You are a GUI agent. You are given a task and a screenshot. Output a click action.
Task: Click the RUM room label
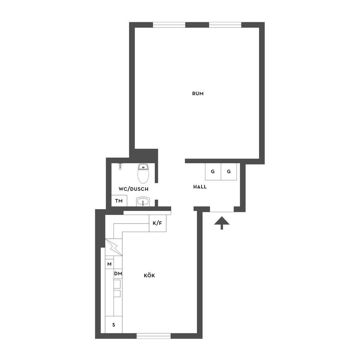tap(198, 94)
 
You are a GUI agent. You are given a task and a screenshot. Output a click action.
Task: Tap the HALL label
tap(200, 187)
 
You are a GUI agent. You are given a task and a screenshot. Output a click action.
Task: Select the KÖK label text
tap(149, 275)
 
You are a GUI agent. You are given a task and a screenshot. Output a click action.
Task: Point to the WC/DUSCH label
tap(133, 189)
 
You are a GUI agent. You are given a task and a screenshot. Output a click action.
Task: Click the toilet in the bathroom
tap(143, 173)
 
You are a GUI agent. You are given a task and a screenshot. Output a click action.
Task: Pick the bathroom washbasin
tap(143, 201)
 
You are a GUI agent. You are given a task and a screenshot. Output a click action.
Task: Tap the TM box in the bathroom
tap(119, 201)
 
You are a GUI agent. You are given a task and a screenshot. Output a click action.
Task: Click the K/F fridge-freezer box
tap(157, 223)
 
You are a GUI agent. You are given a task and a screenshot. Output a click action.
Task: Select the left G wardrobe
tap(213, 172)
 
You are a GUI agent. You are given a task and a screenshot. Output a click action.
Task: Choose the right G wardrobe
tap(229, 172)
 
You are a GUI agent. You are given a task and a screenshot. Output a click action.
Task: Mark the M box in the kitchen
tap(110, 264)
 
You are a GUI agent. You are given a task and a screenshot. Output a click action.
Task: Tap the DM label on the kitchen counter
tap(118, 274)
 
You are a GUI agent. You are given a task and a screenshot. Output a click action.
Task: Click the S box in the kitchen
tap(114, 324)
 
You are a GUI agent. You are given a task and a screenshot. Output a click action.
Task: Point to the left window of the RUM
tap(169, 25)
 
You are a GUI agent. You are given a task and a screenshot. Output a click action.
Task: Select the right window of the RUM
tap(225, 25)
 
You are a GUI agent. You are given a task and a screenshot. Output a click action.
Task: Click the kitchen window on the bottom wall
tap(154, 336)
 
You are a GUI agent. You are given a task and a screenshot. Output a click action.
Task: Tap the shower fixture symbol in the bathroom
tap(120, 166)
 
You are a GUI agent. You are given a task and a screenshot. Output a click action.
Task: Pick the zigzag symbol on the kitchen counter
tap(114, 247)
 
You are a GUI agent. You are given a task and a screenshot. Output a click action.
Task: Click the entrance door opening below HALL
tap(222, 209)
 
